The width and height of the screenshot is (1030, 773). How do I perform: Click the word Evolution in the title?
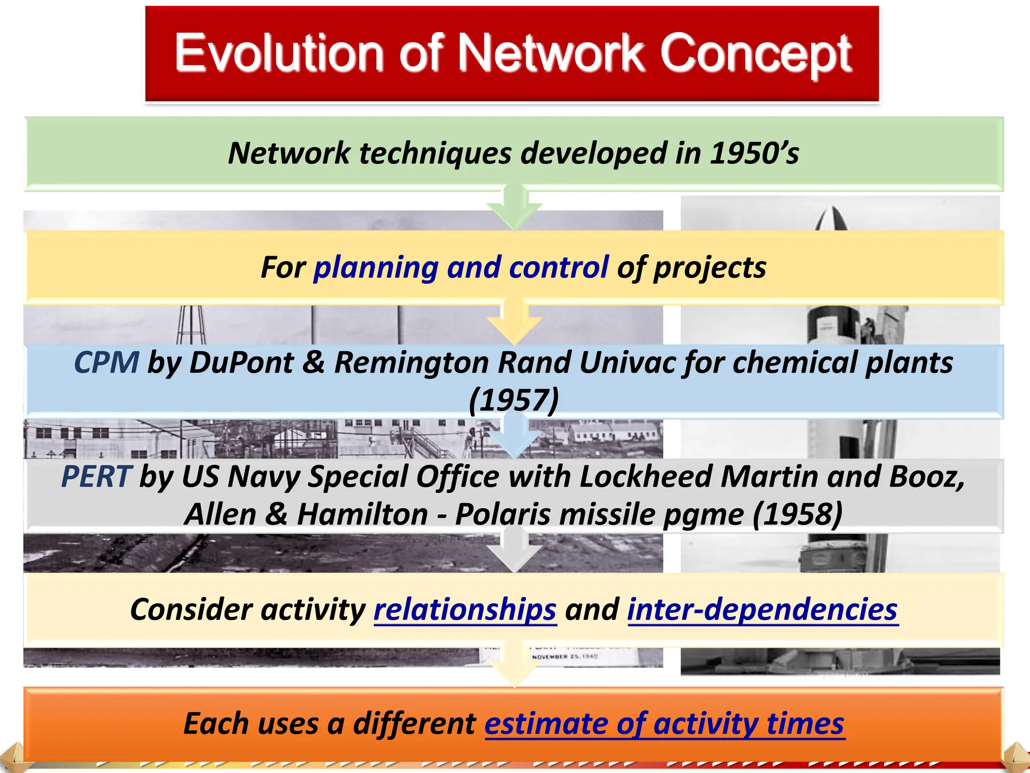(279, 53)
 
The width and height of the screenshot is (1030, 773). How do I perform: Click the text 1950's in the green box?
(754, 153)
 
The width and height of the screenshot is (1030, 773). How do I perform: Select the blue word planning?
(376, 267)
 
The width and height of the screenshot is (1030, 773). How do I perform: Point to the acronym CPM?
(106, 362)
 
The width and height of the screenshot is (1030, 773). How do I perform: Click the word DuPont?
(241, 362)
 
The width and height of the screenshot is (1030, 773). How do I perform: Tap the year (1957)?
(513, 401)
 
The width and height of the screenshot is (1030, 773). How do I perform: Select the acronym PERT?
(96, 477)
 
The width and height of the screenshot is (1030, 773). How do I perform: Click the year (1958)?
(798, 515)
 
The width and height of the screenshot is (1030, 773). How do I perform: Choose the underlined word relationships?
(465, 610)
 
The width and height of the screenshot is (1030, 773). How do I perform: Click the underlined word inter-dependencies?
(762, 610)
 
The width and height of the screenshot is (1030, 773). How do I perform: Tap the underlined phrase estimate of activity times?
(664, 724)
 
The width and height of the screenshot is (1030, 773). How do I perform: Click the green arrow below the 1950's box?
(514, 209)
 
